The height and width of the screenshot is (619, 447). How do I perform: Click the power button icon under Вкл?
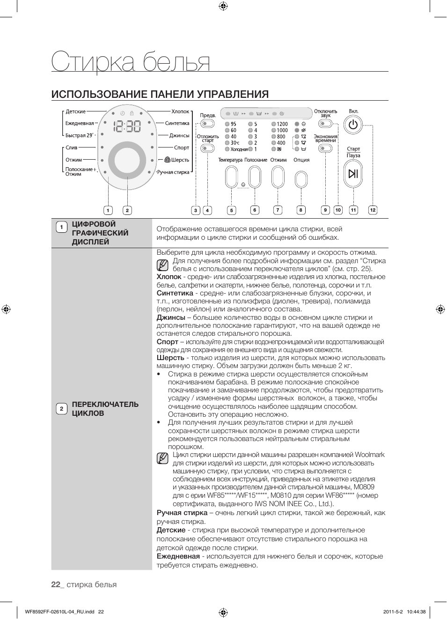pos(353,125)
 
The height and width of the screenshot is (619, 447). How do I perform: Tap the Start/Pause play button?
pos(353,174)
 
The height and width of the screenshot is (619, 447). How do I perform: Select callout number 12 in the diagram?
pos(373,210)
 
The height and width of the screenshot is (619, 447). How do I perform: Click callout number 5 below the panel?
pos(231,210)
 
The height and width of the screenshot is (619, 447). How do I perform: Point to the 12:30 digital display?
pos(127,126)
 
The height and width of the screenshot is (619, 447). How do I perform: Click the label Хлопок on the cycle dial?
pos(180,111)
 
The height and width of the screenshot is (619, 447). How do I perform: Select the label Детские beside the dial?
pos(75,111)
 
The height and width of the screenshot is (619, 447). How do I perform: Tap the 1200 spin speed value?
pos(282,124)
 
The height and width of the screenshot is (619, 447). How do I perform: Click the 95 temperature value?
pos(234,124)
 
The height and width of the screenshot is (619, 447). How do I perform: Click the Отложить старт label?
pos(207,139)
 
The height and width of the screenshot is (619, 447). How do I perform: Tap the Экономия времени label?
pos(325,139)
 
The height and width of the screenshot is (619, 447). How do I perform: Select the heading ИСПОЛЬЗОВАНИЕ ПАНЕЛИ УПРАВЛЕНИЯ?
pos(160,94)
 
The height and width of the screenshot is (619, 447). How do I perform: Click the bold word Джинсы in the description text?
pos(171,317)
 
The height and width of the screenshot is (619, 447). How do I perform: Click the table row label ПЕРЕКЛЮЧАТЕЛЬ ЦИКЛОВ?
pos(105,409)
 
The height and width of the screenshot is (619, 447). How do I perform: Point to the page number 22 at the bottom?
pos(56,584)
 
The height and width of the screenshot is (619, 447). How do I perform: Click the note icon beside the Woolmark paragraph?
pos(162,458)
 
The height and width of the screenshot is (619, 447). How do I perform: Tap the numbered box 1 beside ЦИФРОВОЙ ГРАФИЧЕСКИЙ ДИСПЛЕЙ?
pos(61,228)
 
